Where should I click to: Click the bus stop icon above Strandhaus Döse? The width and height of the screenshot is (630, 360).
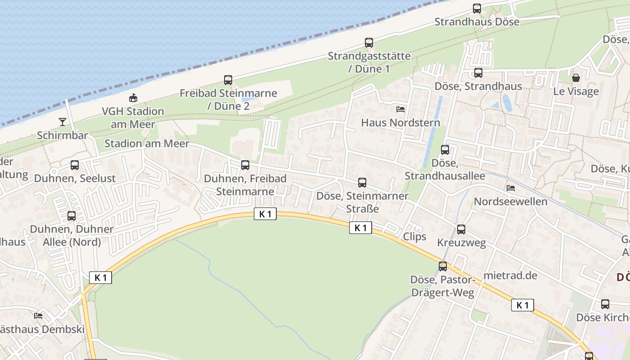(477, 8)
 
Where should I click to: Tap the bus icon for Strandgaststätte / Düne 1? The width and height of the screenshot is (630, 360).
(369, 43)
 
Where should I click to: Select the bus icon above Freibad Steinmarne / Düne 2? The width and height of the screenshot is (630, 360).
(228, 80)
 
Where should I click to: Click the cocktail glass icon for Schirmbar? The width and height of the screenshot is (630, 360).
(63, 121)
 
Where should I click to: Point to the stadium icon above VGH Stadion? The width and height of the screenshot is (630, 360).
(133, 97)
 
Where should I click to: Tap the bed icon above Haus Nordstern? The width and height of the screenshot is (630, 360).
(400, 109)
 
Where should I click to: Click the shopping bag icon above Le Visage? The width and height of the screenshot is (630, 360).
(576, 78)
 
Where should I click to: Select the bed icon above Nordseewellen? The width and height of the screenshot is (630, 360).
(511, 188)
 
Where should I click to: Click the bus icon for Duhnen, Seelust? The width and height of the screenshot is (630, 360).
(75, 165)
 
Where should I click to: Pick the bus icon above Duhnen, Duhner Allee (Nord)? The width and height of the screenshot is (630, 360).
(72, 216)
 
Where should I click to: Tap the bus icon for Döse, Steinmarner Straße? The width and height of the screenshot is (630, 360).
(362, 183)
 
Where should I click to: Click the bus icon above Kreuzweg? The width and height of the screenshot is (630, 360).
(461, 229)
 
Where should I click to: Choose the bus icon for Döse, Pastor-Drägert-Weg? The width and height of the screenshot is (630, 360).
(443, 266)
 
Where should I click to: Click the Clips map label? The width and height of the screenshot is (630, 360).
(414, 237)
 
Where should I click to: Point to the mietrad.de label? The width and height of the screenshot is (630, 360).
(510, 275)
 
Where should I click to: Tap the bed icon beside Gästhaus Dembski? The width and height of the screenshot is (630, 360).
(38, 316)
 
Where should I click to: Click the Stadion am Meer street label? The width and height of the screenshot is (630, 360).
(147, 144)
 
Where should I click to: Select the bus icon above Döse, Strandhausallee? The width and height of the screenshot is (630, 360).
(445, 150)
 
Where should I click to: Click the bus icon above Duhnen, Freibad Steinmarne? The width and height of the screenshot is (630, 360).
(245, 165)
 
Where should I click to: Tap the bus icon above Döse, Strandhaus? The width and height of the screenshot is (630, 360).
(478, 73)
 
